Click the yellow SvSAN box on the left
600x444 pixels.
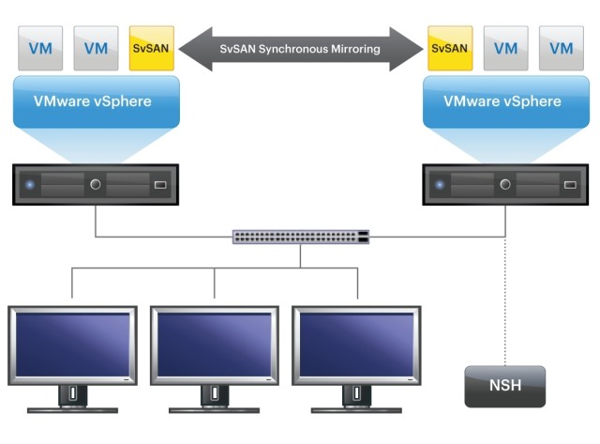tap(151, 48)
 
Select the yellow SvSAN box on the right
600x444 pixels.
tap(449, 48)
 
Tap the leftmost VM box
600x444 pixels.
tap(40, 48)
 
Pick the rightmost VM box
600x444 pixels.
tap(561, 48)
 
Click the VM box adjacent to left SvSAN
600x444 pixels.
tap(96, 48)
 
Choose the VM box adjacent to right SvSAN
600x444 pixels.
tap(505, 48)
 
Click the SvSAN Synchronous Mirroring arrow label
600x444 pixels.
tap(300, 49)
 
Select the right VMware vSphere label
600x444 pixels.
tap(502, 101)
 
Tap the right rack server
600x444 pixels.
tap(504, 185)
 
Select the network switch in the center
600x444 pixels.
tap(301, 237)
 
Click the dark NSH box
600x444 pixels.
tap(504, 386)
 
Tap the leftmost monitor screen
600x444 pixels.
tap(72, 344)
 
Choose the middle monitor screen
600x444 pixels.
tap(215, 344)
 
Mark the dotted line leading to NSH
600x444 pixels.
tap(505, 300)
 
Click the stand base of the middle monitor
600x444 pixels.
tap(215, 409)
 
